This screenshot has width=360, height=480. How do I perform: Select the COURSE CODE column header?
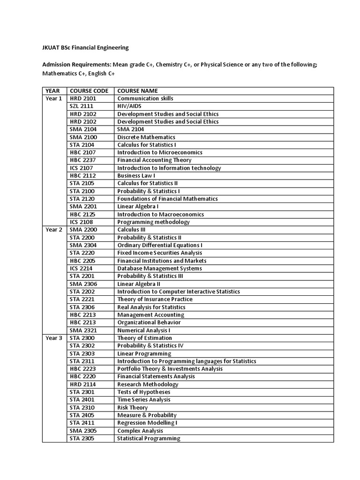[x=89, y=90]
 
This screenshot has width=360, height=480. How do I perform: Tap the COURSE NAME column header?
[x=137, y=90]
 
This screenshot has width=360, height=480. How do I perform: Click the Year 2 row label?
[x=53, y=230]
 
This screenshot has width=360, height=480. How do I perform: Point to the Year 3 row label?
[x=53, y=338]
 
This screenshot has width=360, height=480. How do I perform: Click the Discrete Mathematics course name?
[x=146, y=137]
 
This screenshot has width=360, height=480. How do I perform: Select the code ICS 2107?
[x=81, y=168]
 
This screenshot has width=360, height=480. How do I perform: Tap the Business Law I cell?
[x=136, y=175]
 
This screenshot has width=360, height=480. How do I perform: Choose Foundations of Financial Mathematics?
[x=167, y=199]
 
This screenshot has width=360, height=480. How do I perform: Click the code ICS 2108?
[x=81, y=222]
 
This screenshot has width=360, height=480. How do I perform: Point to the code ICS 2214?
[x=81, y=268]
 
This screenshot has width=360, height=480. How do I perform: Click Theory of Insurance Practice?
[x=155, y=299]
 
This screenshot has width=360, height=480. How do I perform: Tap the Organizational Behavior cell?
[x=149, y=322]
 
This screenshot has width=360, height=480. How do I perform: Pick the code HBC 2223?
[x=82, y=369]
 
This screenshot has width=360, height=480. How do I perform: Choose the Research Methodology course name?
[x=148, y=384]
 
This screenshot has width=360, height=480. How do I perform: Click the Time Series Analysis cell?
[x=143, y=400]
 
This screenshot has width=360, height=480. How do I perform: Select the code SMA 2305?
[x=83, y=431]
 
